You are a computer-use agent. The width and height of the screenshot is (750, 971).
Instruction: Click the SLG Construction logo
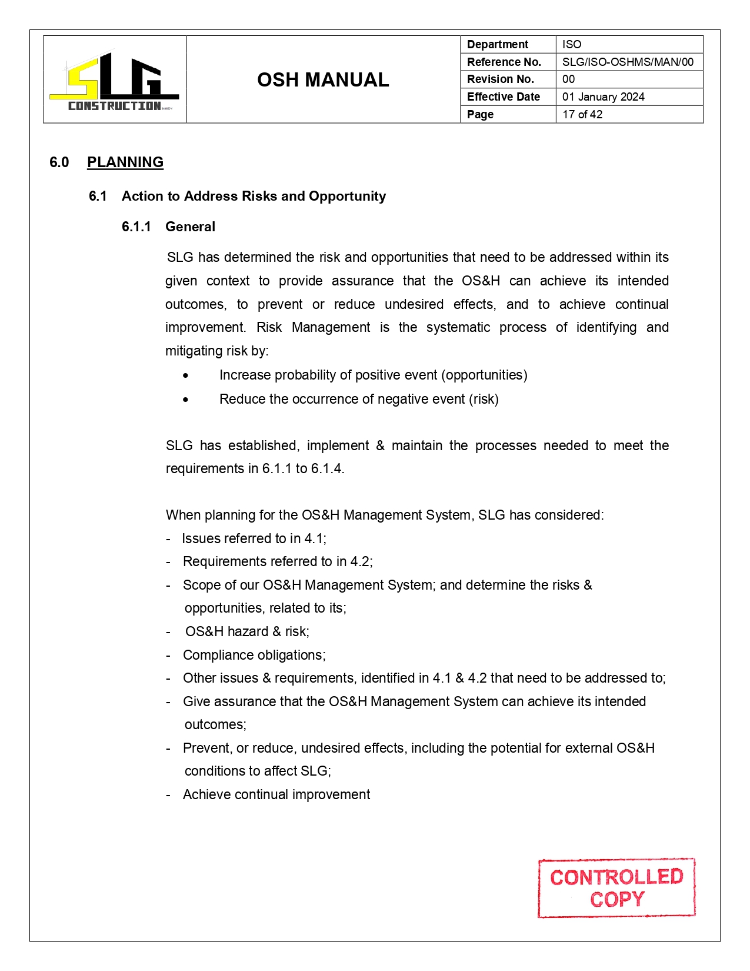coord(115,81)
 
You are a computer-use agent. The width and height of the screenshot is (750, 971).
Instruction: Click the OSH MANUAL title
coord(323,80)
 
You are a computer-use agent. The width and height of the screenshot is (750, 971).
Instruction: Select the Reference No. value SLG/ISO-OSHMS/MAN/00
coord(627,62)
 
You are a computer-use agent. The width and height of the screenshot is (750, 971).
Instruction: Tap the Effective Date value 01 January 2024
coord(603,97)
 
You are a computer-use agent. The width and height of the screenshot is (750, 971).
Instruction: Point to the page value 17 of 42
coord(582,115)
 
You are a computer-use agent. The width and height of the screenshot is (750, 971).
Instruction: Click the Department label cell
coord(498,45)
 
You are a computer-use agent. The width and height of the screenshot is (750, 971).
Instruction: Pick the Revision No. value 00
coord(568,79)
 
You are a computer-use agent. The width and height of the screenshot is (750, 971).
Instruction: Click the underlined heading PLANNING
coord(125,162)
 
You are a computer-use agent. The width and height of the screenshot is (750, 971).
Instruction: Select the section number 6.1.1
coord(136,227)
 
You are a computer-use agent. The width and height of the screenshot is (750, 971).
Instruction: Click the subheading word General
coord(190,227)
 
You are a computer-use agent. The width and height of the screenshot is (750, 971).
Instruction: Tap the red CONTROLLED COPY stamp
coord(616,888)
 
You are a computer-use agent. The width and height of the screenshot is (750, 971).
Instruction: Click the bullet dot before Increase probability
coord(186,375)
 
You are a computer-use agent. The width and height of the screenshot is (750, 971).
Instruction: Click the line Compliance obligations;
coord(254,656)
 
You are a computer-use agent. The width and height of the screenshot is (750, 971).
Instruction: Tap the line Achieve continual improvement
coord(276,795)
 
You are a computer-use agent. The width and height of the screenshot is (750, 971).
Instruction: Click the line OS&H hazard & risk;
coord(247,632)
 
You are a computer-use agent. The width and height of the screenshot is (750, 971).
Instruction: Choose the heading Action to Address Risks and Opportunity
coord(254,197)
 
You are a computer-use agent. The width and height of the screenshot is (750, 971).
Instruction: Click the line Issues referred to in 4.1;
coord(254,539)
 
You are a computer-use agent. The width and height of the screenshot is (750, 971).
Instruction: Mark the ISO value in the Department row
coord(571,45)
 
